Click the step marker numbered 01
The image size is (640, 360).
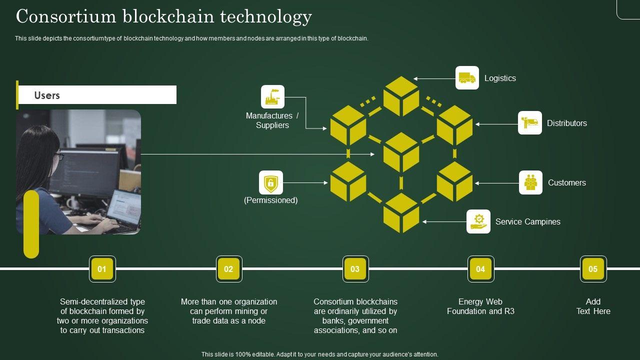pyautogui.click(x=102, y=269)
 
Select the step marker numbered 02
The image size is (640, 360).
pyautogui.click(x=228, y=269)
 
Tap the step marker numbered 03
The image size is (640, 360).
pyautogui.click(x=355, y=269)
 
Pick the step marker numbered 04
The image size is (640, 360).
pyautogui.click(x=480, y=269)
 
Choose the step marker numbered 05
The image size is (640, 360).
pyautogui.click(x=593, y=269)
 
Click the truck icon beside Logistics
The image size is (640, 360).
pyautogui.click(x=467, y=78)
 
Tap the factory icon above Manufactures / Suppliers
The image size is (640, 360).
pyautogui.click(x=272, y=97)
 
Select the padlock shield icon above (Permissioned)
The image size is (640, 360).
pyautogui.click(x=271, y=182)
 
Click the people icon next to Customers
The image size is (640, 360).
pyautogui.click(x=530, y=182)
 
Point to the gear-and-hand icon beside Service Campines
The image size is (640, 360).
pyautogui.click(x=478, y=221)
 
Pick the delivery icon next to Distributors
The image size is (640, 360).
pyautogui.click(x=529, y=123)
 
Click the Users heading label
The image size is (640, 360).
pyautogui.click(x=47, y=95)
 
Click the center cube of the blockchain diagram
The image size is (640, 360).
pyautogui.click(x=401, y=152)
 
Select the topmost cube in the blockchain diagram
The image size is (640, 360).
pyautogui.click(x=401, y=96)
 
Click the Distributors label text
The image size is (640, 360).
pyautogui.click(x=566, y=123)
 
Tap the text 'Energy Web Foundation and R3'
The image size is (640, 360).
pyautogui.click(x=480, y=306)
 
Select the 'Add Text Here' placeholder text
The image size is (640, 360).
pyautogui.click(x=593, y=306)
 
